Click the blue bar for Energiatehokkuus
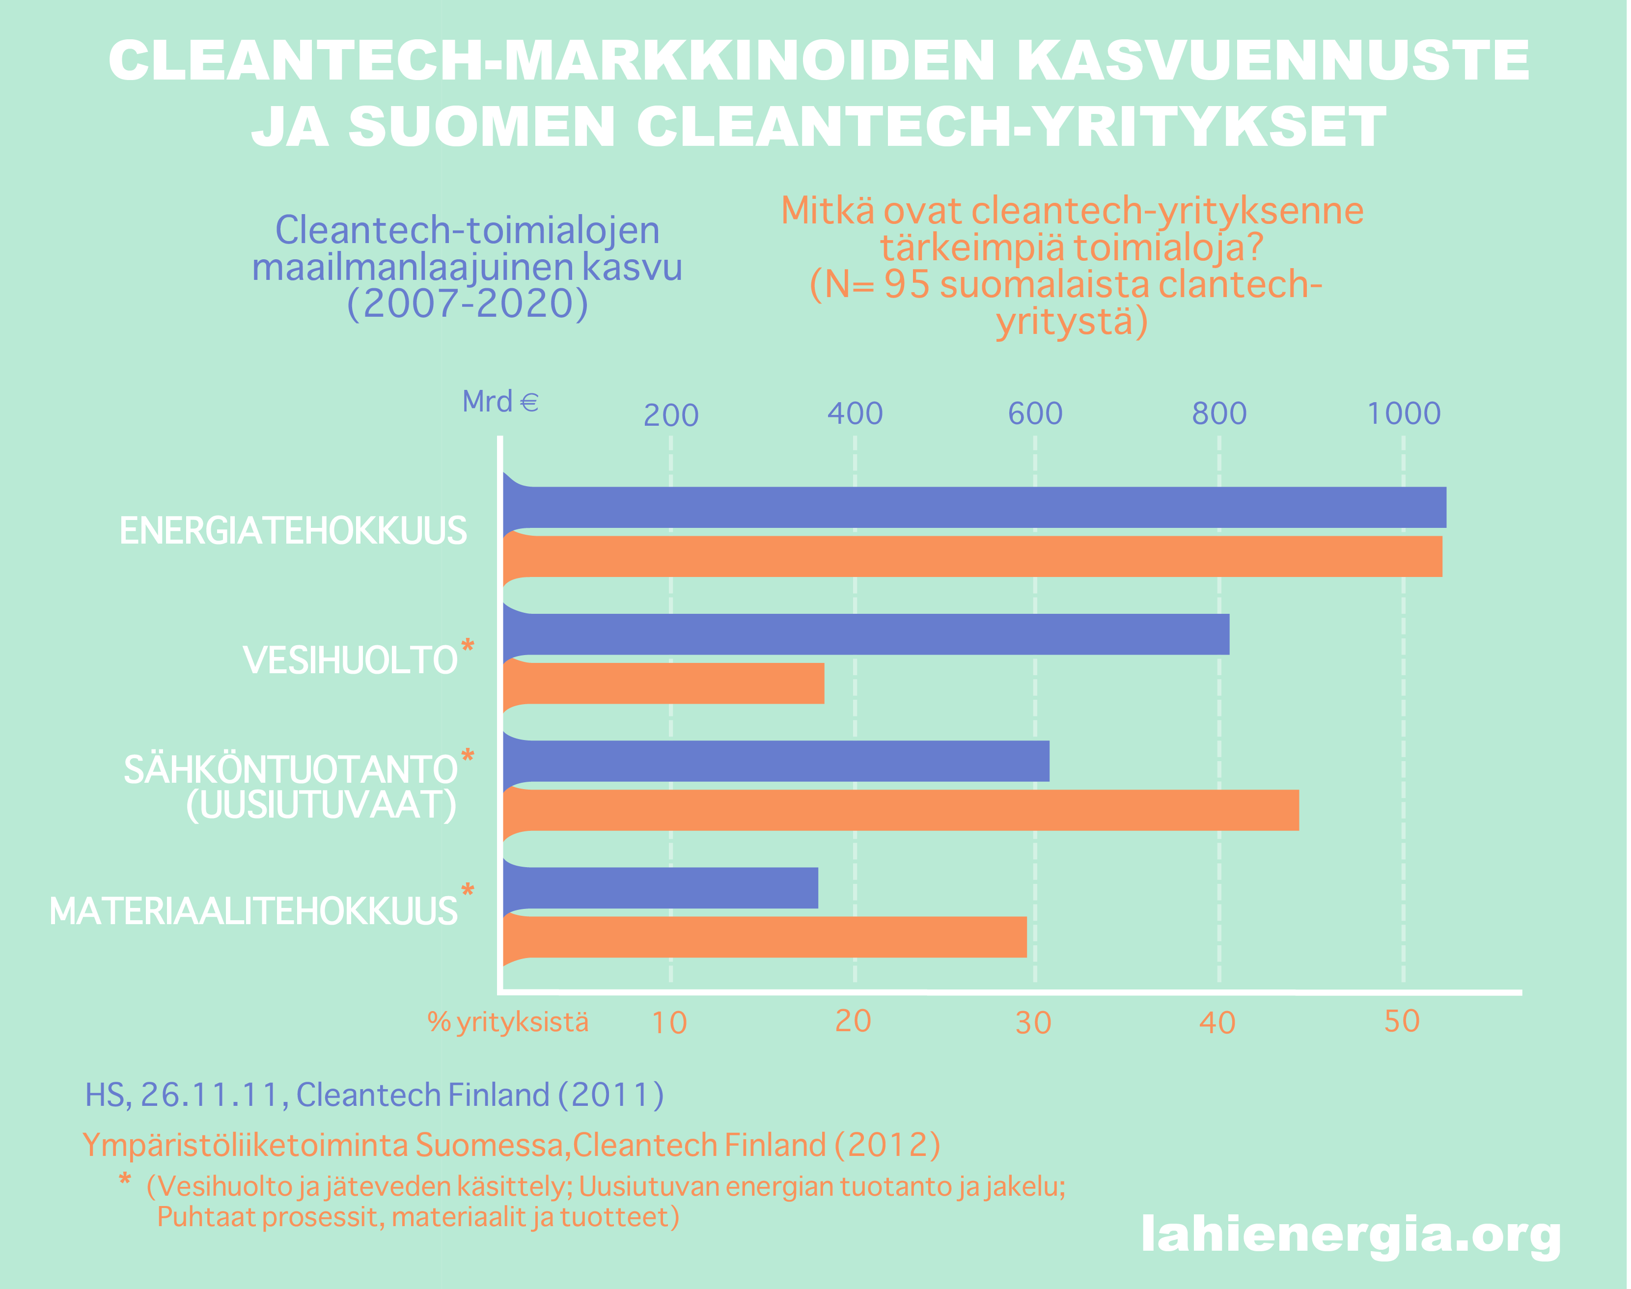(x=973, y=507)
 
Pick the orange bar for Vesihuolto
(x=663, y=683)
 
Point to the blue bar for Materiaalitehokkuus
(x=661, y=887)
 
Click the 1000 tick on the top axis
(x=1404, y=413)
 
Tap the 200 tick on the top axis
(x=671, y=415)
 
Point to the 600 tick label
(x=1035, y=413)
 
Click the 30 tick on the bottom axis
(x=1033, y=1022)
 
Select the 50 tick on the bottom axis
(x=1402, y=1021)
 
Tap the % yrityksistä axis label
(x=508, y=1022)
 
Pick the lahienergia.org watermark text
(x=1351, y=1234)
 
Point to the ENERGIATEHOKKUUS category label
(x=293, y=530)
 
